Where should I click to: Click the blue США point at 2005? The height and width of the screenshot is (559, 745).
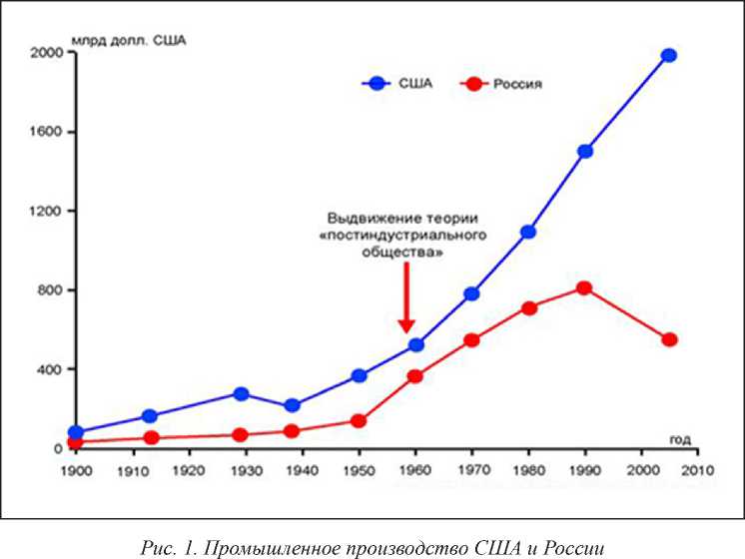click(x=669, y=55)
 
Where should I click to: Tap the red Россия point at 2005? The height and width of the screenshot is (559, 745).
click(x=669, y=339)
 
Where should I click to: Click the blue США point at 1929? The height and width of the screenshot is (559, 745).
click(x=241, y=393)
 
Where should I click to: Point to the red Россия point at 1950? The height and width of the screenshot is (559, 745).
click(x=359, y=420)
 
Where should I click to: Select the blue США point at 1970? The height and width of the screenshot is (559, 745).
click(x=471, y=293)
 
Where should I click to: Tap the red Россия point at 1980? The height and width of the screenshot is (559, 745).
click(x=529, y=307)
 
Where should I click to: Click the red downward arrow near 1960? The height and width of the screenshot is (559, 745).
click(x=406, y=299)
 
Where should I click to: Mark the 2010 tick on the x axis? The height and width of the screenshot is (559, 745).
click(x=698, y=467)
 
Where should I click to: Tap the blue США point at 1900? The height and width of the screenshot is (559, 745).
click(x=75, y=433)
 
